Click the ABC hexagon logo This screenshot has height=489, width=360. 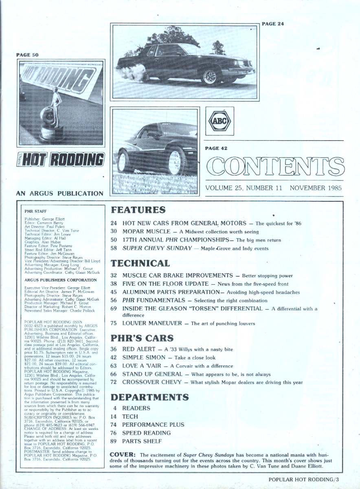pyautogui.click(x=220, y=121)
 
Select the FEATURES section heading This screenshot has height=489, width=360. pyautogui.click(x=138, y=210)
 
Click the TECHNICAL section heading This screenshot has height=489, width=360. pyautogui.click(x=140, y=263)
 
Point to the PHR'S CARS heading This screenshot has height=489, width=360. pyautogui.click(x=143, y=338)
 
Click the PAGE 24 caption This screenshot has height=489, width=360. pyautogui.click(x=272, y=24)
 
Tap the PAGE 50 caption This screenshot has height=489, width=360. pyautogui.click(x=26, y=55)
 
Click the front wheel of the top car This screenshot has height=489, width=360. pyautogui.click(x=211, y=76)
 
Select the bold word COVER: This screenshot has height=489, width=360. pyautogui.click(x=123, y=454)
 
